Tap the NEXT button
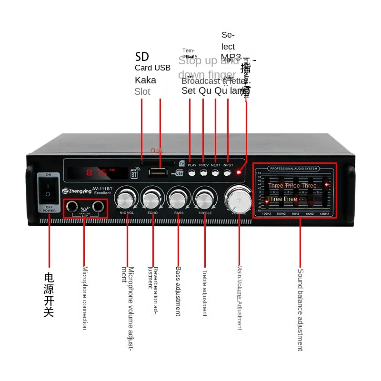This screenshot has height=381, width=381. (x=216, y=173)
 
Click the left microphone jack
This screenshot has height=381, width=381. (x=72, y=206)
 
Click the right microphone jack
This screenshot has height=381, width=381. (x=98, y=206)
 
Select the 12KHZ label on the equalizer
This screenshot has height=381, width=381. (x=325, y=214)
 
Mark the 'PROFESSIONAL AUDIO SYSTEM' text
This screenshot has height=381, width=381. (x=293, y=169)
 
